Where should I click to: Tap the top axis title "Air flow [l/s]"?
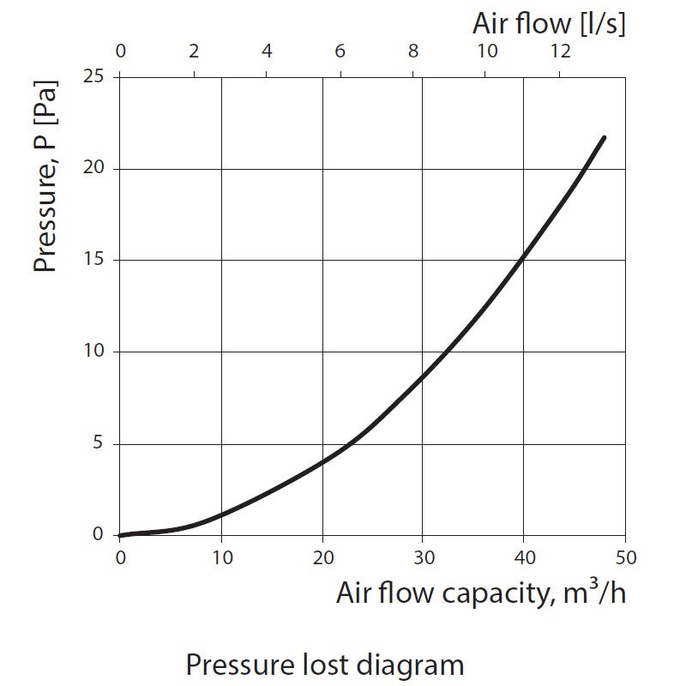click(549, 24)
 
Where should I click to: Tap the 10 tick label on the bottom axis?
click(221, 557)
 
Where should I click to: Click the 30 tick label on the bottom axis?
click(423, 557)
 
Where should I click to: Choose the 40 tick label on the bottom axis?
click(524, 557)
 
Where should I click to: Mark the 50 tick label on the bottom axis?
click(625, 557)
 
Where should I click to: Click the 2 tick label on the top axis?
click(194, 51)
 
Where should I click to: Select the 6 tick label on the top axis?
click(340, 51)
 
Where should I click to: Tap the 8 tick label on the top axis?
click(413, 51)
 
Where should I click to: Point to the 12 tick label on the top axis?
click(560, 51)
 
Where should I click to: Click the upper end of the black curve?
click(604, 137)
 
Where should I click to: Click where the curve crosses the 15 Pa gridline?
click(522, 261)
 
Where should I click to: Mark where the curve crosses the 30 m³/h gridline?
click(423, 374)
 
